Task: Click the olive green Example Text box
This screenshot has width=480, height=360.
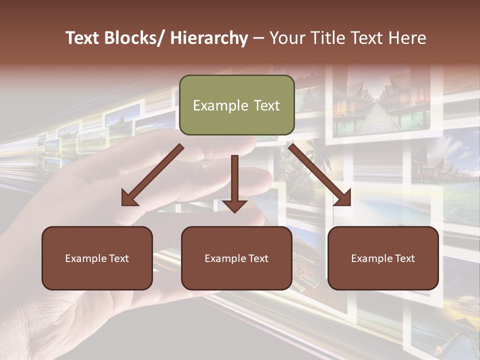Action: [236, 105]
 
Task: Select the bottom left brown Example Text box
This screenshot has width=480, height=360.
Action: [97, 258]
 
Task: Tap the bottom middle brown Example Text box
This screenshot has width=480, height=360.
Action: [236, 258]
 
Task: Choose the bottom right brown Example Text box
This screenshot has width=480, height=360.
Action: [383, 258]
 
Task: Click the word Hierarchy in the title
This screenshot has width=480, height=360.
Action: [209, 38]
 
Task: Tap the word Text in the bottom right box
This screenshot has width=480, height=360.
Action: [404, 258]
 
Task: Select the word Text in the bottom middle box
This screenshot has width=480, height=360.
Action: [258, 258]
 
